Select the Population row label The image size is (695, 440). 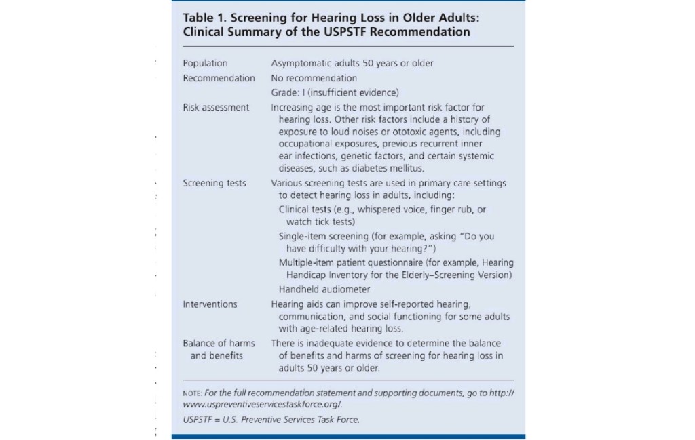[205, 63]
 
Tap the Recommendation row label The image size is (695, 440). [219, 78]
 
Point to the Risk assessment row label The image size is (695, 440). [216, 107]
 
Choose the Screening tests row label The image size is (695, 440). [214, 183]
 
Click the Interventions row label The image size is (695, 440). [210, 304]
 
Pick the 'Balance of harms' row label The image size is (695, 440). [219, 343]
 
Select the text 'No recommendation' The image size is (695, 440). [314, 78]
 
